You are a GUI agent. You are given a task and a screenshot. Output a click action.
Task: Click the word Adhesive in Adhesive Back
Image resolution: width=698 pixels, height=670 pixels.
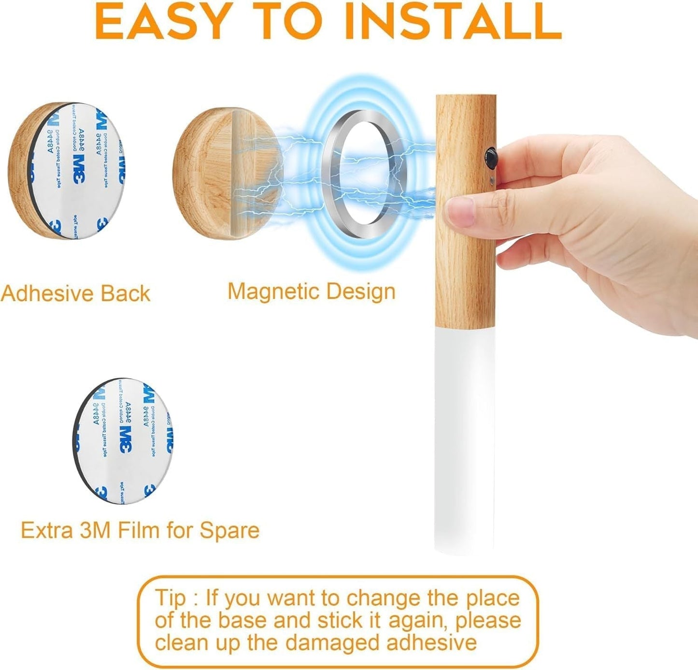pyautogui.click(x=47, y=294)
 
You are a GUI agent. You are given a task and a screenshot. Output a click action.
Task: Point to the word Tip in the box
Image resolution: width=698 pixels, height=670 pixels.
pyautogui.click(x=170, y=598)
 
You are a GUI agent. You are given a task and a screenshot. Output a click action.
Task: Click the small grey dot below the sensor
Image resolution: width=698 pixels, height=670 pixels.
pyautogui.click(x=491, y=182)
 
